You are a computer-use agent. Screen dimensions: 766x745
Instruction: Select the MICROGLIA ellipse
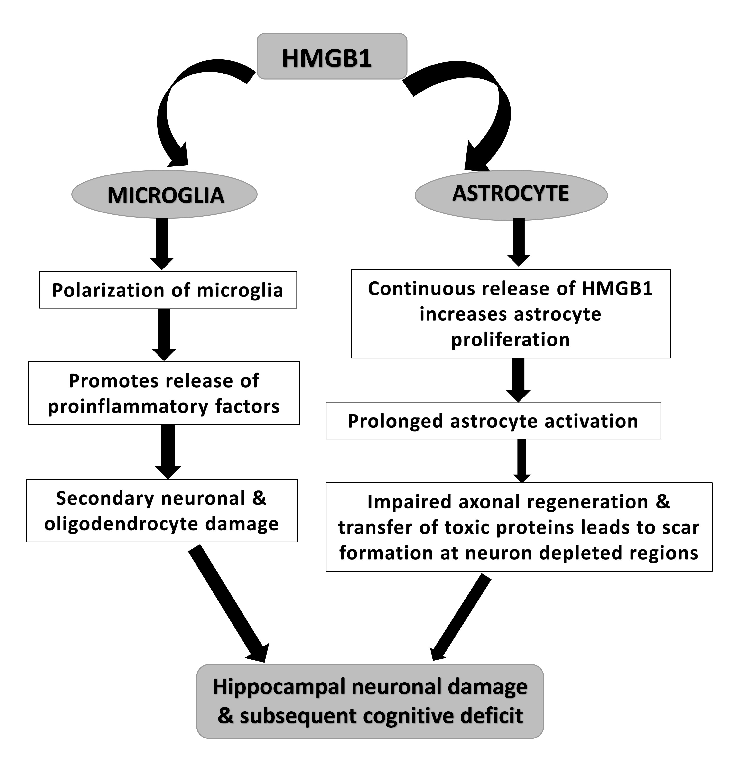pos(164,194)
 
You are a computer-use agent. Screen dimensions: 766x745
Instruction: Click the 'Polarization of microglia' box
pos(168,290)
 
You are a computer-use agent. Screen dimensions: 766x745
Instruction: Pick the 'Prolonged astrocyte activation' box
pos(493,421)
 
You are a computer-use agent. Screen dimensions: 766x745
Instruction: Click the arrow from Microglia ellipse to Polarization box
pos(162,242)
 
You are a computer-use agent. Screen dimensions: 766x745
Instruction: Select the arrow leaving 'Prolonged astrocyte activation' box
pos(521,460)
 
